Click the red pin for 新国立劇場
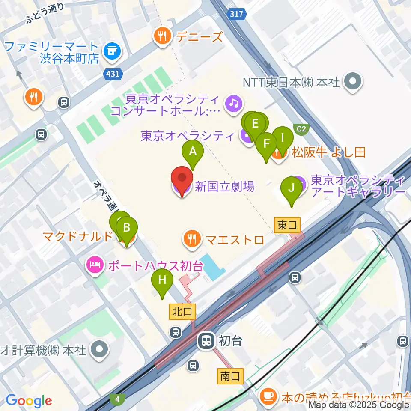(x=182, y=179)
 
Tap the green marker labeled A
(x=193, y=152)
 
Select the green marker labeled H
(x=162, y=281)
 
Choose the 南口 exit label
(x=231, y=376)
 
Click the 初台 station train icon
(x=206, y=341)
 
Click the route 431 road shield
(x=113, y=74)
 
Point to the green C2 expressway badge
(x=302, y=128)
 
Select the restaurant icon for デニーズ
(x=162, y=36)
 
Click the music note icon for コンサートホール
(x=234, y=104)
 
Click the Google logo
(x=29, y=401)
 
